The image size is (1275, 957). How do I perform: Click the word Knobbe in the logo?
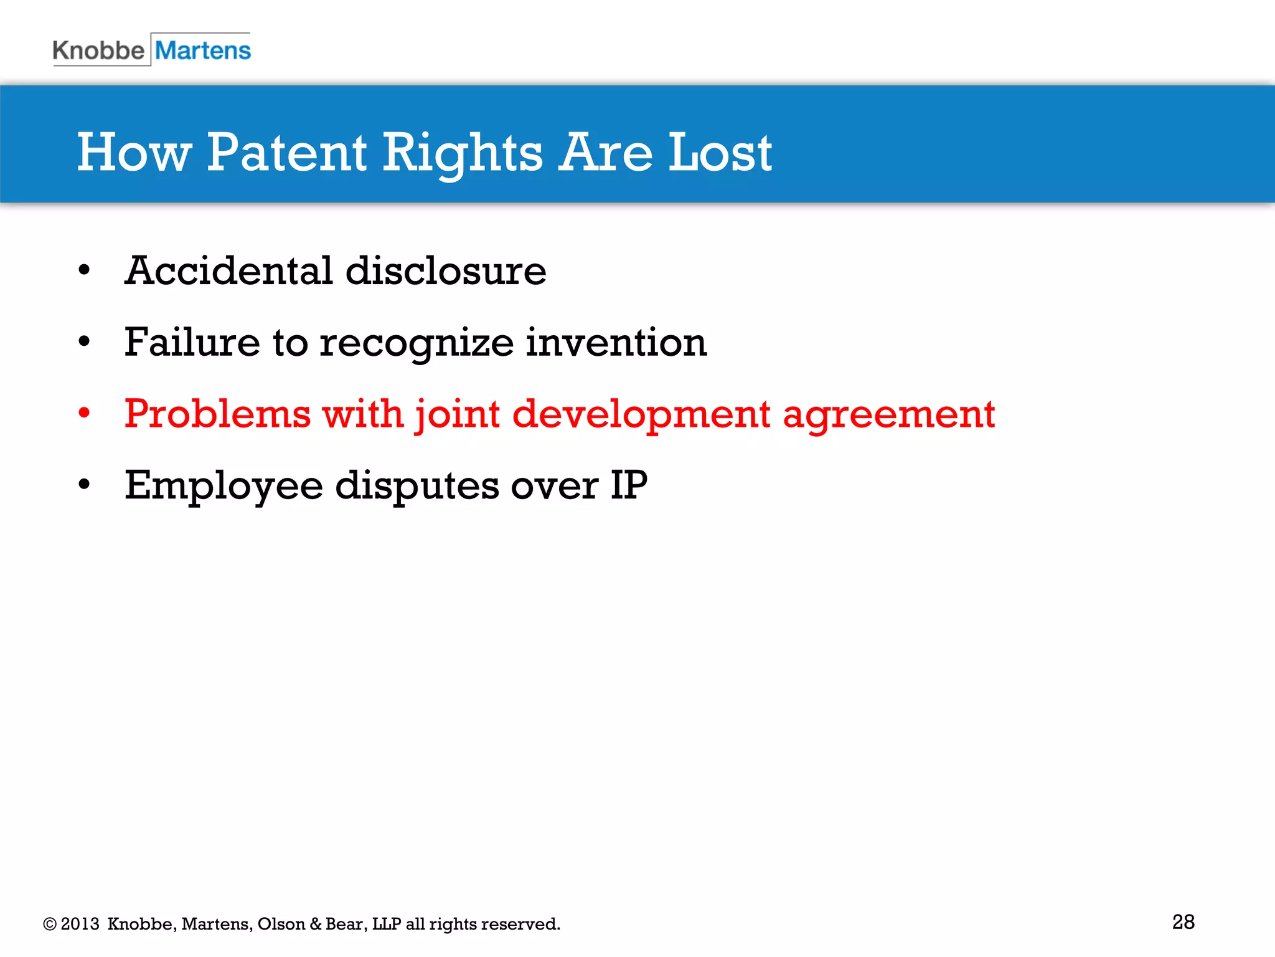[98, 50]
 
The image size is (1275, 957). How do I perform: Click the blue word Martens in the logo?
[203, 50]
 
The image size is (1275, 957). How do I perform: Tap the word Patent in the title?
[286, 153]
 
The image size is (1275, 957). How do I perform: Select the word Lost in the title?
[720, 153]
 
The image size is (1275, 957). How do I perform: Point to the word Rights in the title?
[462, 153]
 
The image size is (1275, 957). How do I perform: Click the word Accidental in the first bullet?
[228, 271]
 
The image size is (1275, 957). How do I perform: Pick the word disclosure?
[446, 271]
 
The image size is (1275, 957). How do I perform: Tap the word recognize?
[416, 344]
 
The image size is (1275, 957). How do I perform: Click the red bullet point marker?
[85, 413]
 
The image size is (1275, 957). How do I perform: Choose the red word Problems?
[217, 414]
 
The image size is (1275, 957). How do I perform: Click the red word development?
[641, 415]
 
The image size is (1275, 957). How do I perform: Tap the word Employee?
[223, 486]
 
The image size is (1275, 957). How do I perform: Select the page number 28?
[1183, 922]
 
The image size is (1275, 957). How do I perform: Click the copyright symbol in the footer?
[50, 924]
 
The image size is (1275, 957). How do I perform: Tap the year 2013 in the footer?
[80, 924]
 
